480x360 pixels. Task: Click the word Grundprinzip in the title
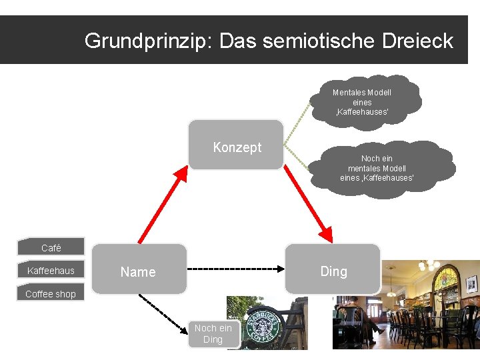141,41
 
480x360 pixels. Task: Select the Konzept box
236,145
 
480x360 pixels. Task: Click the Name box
139,269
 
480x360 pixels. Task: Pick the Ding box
333,269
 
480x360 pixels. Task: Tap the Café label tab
51,247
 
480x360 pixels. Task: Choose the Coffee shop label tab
51,293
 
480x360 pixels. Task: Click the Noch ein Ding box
213,333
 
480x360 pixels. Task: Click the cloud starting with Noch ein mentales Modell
377,167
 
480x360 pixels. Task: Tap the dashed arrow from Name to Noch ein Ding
164,313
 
